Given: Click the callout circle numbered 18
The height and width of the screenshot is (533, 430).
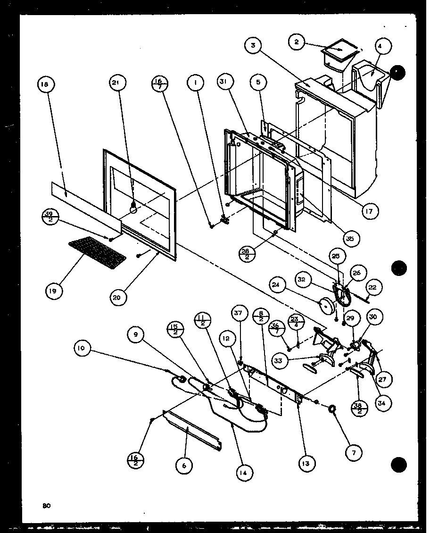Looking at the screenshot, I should [x=45, y=85].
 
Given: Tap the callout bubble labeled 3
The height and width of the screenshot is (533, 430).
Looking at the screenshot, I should [x=254, y=46].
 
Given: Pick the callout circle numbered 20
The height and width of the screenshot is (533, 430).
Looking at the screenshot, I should [x=116, y=297].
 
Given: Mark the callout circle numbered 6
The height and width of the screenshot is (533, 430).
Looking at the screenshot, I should [x=184, y=466].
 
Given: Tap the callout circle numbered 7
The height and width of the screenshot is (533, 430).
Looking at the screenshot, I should [x=354, y=452].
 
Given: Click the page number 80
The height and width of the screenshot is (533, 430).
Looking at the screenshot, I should [x=46, y=506].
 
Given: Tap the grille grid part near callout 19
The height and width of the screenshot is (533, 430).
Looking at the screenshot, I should [x=98, y=251].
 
